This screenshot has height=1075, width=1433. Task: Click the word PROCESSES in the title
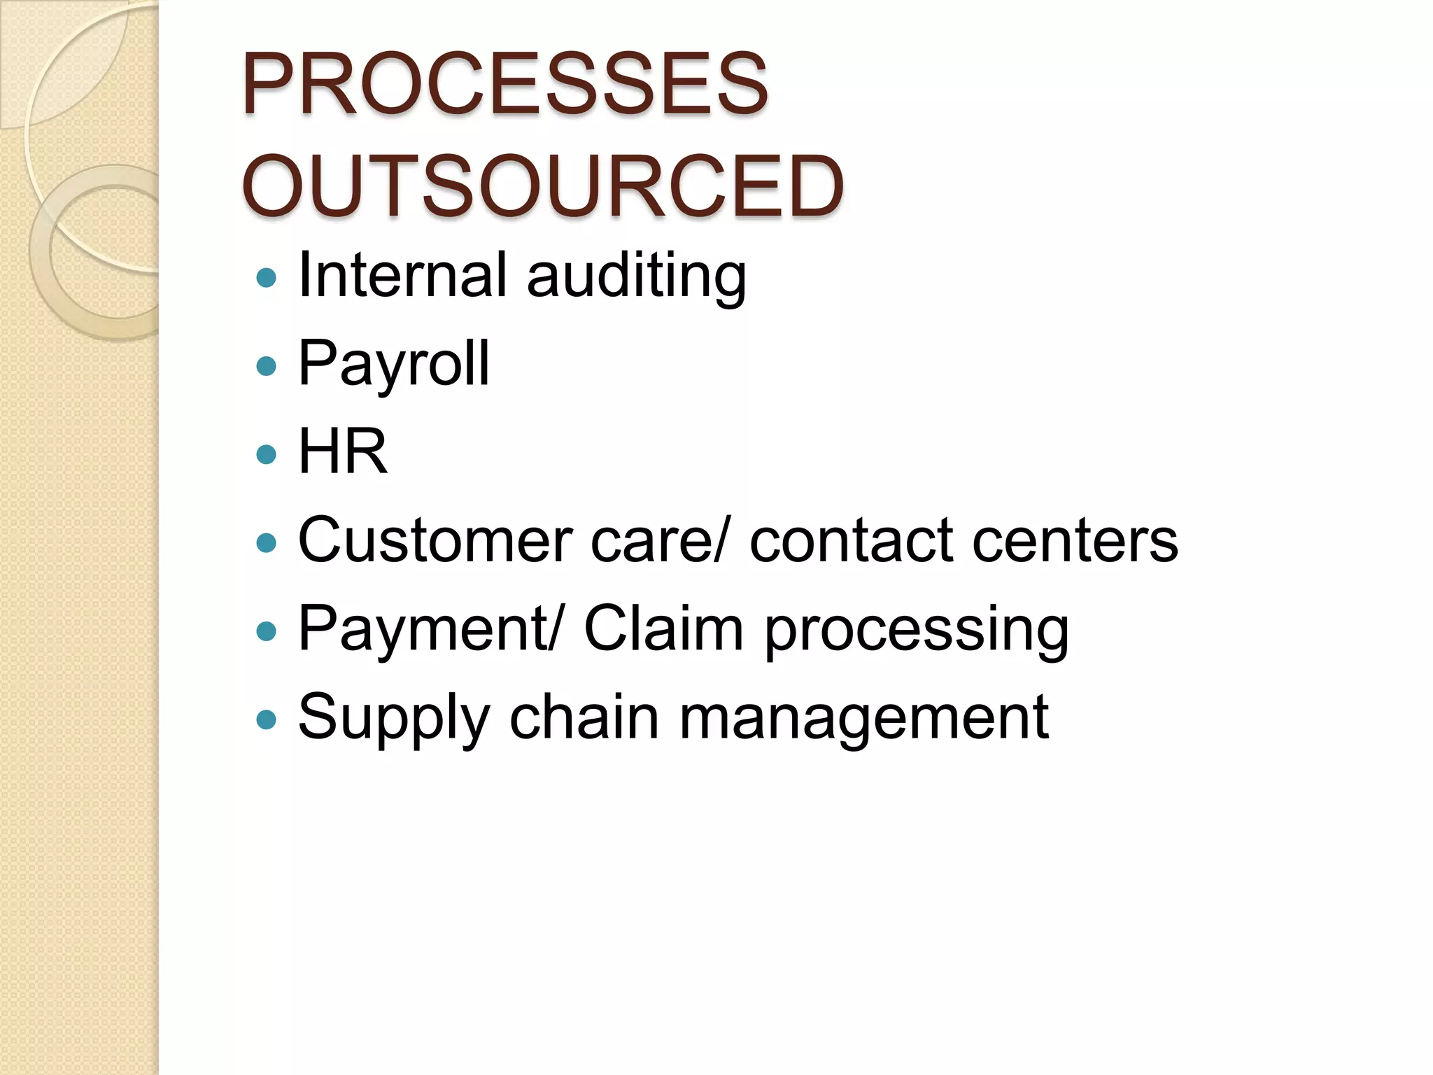(x=504, y=85)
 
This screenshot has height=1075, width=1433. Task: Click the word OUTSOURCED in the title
(x=542, y=187)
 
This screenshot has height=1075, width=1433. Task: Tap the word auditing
(x=636, y=277)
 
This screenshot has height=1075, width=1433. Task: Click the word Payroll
(x=394, y=364)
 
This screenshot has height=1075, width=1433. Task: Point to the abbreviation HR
(x=343, y=452)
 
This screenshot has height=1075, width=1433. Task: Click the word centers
(x=1075, y=542)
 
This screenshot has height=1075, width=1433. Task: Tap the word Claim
(x=663, y=628)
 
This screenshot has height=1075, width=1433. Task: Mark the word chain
(x=584, y=717)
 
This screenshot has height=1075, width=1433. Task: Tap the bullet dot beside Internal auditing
(x=267, y=278)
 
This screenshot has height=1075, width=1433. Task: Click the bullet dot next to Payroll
(x=267, y=366)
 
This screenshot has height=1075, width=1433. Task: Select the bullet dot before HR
(x=267, y=455)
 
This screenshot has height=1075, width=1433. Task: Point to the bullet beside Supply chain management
(x=267, y=719)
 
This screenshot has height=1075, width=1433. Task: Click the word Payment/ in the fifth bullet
(x=430, y=628)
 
